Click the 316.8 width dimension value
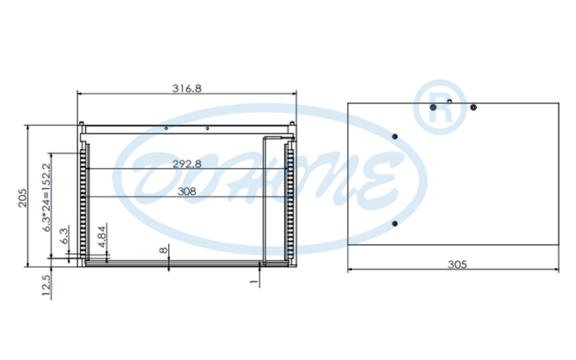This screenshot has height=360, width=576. pyautogui.click(x=187, y=88)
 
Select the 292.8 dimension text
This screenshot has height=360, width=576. pyautogui.click(x=187, y=163)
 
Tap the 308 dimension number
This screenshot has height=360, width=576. pyautogui.click(x=187, y=192)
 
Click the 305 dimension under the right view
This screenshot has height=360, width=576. pyautogui.click(x=456, y=264)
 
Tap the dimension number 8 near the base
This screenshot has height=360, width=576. pyautogui.click(x=164, y=250)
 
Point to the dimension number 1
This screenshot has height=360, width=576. pyautogui.click(x=253, y=282)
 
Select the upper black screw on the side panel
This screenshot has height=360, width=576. pyautogui.click(x=395, y=137)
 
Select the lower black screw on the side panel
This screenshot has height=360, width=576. pyautogui.click(x=395, y=224)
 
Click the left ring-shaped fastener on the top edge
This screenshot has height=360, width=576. pyautogui.click(x=434, y=108)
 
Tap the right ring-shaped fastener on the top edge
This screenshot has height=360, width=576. pyautogui.click(x=473, y=107)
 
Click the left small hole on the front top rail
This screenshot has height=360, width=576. pyautogui.click(x=167, y=129)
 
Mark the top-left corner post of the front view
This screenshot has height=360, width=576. pyautogui.click(x=81, y=124)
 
